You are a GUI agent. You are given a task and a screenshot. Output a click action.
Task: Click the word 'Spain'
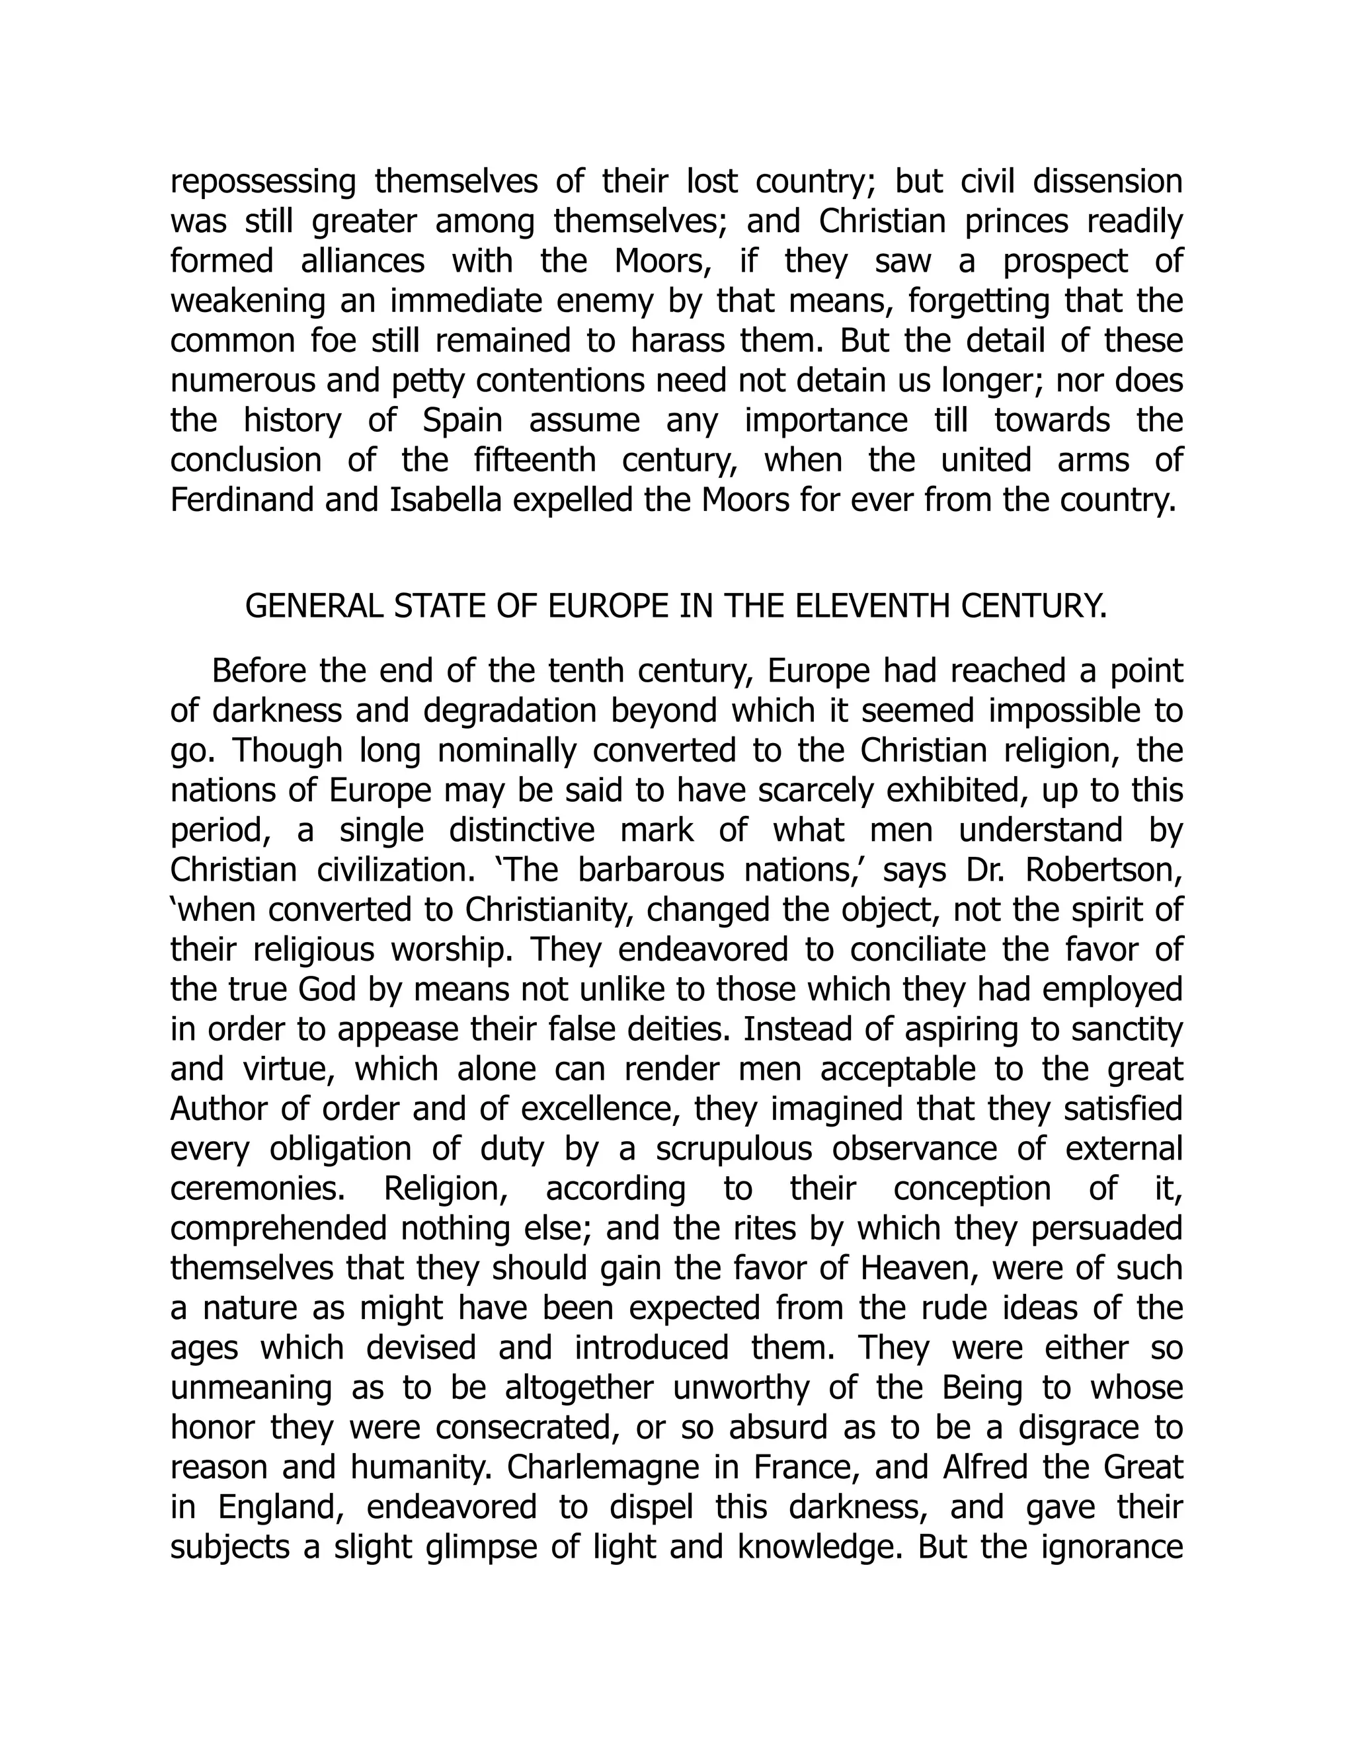[462, 420]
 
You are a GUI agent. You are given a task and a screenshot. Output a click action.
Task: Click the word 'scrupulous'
[734, 1150]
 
